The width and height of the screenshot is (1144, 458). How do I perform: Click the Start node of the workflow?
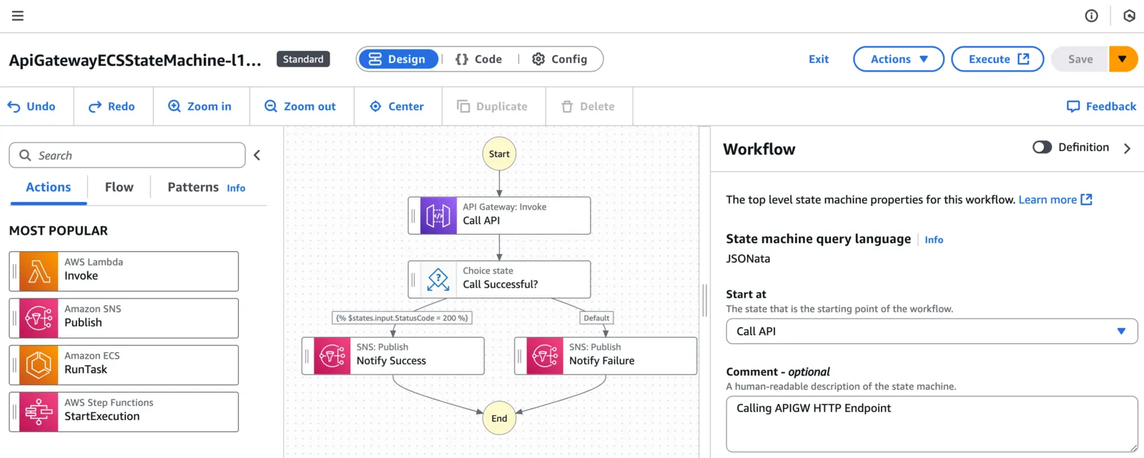point(499,154)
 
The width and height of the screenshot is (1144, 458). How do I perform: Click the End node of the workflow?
point(499,418)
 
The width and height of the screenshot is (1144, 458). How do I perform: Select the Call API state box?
point(499,215)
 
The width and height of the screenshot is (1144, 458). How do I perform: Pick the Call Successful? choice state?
point(499,280)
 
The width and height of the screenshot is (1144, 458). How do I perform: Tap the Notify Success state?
point(393,356)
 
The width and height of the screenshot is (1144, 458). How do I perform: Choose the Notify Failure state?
point(605,356)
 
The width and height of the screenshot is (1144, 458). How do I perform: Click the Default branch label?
point(596,318)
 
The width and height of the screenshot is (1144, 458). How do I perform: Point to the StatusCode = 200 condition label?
point(402,318)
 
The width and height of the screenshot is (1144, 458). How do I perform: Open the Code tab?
point(479,59)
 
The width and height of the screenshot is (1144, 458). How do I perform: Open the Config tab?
point(560,59)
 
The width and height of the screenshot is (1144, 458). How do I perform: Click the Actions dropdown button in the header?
point(898,59)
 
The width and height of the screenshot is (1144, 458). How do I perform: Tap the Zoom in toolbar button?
point(199,107)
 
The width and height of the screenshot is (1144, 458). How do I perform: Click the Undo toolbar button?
point(31,107)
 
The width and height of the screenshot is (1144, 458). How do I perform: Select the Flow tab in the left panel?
point(119,187)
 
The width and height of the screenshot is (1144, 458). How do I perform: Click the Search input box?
point(127,155)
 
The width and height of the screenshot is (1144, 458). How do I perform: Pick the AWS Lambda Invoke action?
point(124,271)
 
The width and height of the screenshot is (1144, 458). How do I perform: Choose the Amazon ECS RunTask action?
point(124,365)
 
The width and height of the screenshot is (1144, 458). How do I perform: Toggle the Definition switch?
point(1042,147)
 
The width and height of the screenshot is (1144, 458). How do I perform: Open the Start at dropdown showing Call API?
point(932,331)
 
